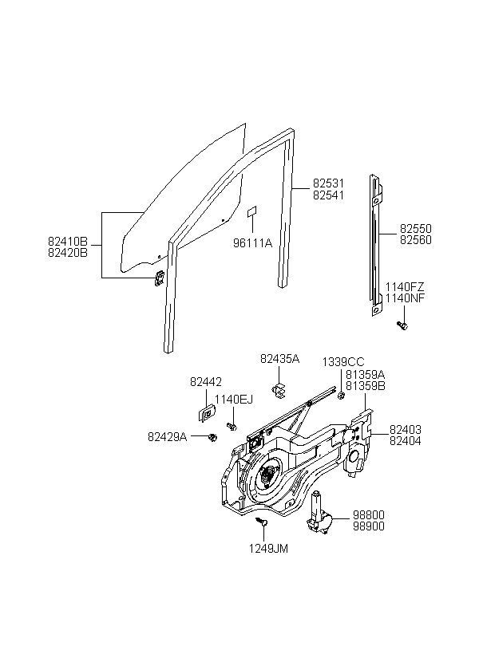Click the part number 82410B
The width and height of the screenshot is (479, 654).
point(68,242)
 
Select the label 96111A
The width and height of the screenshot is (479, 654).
point(252,242)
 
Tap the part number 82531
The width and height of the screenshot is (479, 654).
point(329,183)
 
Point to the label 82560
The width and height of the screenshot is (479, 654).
point(416,240)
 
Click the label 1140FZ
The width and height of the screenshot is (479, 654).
point(405,286)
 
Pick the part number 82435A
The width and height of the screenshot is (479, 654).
point(279,359)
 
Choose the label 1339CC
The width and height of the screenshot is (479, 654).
point(343,362)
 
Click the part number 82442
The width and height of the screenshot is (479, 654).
point(206,382)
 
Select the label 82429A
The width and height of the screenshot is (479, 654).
point(167,437)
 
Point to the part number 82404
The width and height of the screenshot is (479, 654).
point(406,441)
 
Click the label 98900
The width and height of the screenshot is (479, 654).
point(369,526)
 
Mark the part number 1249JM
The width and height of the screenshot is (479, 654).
point(268,549)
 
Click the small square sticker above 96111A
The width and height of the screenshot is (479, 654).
point(252,211)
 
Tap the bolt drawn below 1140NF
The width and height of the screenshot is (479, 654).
point(402,325)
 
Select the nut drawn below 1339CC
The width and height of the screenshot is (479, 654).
point(341,395)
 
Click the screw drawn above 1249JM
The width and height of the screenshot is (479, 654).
point(261,521)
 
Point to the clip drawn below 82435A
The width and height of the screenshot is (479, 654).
point(278,390)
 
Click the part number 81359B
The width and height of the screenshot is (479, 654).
point(366,386)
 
